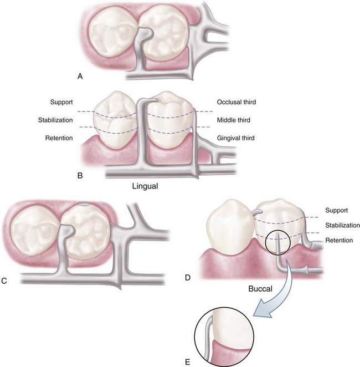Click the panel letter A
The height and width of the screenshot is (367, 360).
click(x=80, y=77)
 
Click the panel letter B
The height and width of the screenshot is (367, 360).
click(x=80, y=176)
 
